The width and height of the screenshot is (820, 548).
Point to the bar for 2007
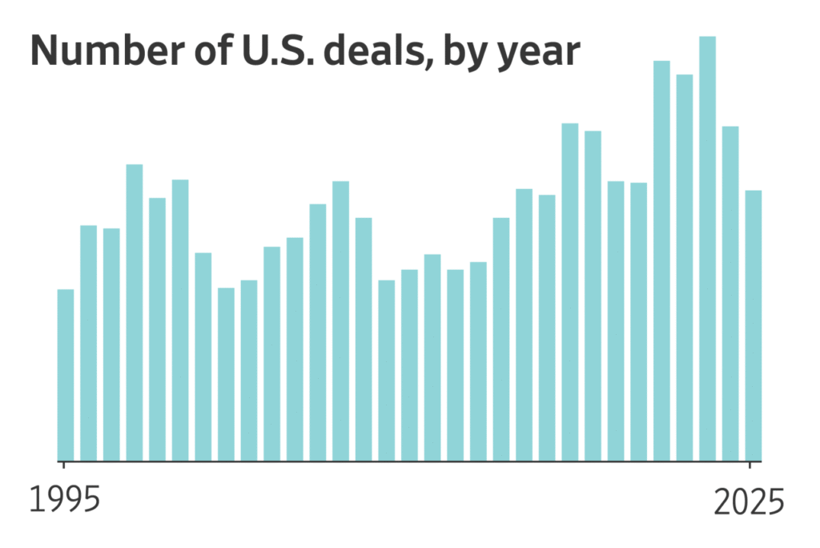click(x=340, y=320)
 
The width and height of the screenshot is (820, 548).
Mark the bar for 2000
click(x=180, y=320)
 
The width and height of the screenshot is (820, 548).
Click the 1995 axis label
click(x=66, y=501)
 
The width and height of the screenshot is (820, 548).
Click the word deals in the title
click(x=369, y=53)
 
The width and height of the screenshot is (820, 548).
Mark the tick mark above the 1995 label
click(x=62, y=465)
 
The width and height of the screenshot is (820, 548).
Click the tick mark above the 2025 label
click(x=750, y=465)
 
